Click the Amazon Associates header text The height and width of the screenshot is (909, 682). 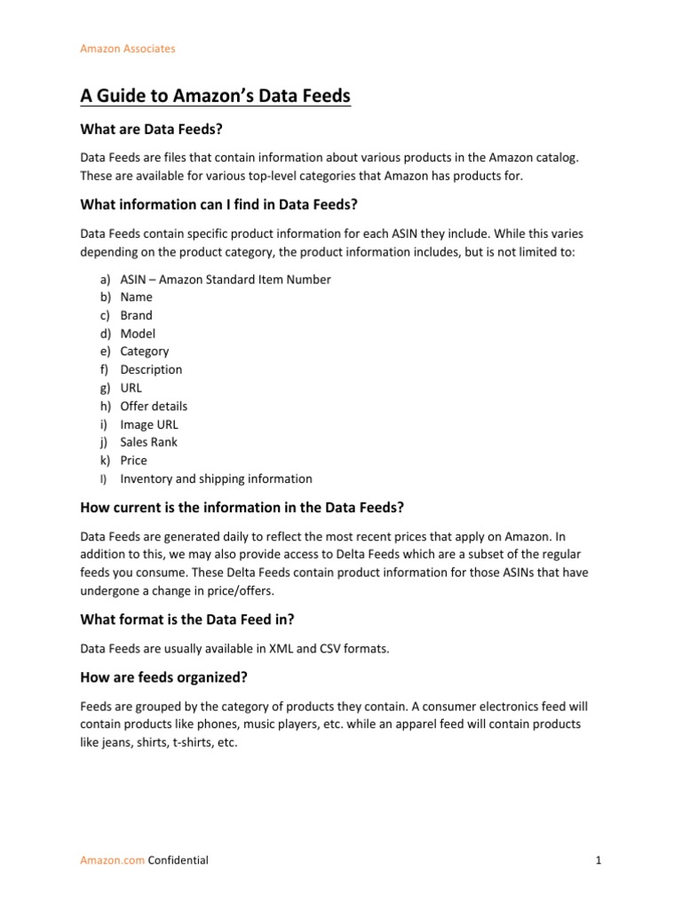[x=128, y=49]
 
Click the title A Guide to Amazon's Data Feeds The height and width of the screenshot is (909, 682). [x=216, y=96]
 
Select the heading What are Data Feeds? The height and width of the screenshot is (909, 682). [x=150, y=130]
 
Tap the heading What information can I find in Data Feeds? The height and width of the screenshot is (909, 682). [x=218, y=205]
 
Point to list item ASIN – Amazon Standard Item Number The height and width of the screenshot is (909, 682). [x=226, y=280]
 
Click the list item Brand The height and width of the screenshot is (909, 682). [x=136, y=315]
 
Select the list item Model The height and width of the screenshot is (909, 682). [x=138, y=334]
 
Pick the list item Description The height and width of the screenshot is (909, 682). [x=151, y=369]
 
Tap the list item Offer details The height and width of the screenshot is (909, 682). [x=154, y=406]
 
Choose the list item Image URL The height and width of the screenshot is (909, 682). [x=149, y=424]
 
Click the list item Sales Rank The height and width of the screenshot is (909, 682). [x=149, y=442]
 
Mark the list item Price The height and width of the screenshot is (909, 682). [x=134, y=461]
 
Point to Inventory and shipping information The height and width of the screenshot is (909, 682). [x=216, y=478]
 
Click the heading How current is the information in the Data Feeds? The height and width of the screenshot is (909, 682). [x=242, y=508]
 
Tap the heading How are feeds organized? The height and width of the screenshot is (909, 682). [x=163, y=678]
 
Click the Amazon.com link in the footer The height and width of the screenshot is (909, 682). [x=113, y=860]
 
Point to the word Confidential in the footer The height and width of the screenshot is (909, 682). [x=178, y=860]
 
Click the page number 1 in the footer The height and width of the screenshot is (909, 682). [x=599, y=860]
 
